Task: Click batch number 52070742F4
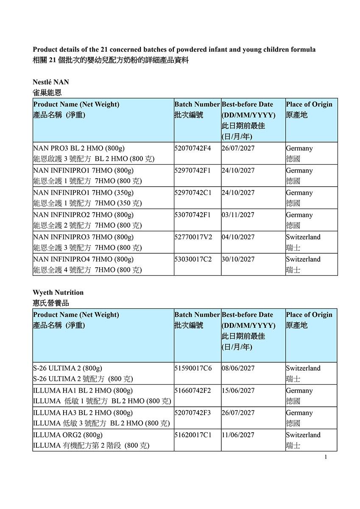(193, 148)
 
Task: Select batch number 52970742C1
(193, 193)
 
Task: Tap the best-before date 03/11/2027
(238, 215)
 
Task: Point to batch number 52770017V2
(193, 237)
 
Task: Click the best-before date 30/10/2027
(238, 259)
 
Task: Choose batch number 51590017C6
(193, 368)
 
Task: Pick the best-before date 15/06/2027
(238, 391)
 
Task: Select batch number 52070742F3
(193, 413)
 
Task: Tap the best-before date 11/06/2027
(238, 435)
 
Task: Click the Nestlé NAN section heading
(51, 82)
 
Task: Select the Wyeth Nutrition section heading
(58, 292)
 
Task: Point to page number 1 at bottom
(326, 457)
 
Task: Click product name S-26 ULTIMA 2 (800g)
(67, 368)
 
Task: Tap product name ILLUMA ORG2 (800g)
(68, 435)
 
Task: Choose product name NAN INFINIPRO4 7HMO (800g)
(83, 259)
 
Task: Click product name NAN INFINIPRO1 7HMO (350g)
(83, 193)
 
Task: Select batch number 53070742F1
(193, 215)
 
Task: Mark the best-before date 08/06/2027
(238, 368)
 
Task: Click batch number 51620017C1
(193, 435)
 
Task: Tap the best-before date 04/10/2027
(238, 237)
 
